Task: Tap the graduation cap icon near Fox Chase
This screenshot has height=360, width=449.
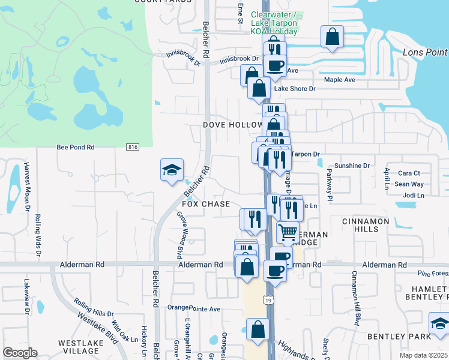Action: click(172, 170)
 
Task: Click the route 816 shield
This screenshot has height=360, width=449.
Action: click(133, 147)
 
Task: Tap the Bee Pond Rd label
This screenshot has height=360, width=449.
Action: click(76, 147)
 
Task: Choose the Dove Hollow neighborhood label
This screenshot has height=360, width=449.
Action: click(232, 125)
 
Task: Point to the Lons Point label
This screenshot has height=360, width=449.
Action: click(425, 53)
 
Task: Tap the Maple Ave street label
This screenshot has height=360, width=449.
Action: click(340, 79)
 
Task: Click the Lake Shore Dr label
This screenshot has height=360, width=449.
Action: click(295, 89)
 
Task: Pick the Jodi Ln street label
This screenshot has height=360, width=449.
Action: click(414, 196)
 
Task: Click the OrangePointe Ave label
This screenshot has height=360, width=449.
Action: click(194, 309)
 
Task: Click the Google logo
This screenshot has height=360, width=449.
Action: click(20, 352)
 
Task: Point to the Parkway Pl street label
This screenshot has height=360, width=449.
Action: click(330, 181)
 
